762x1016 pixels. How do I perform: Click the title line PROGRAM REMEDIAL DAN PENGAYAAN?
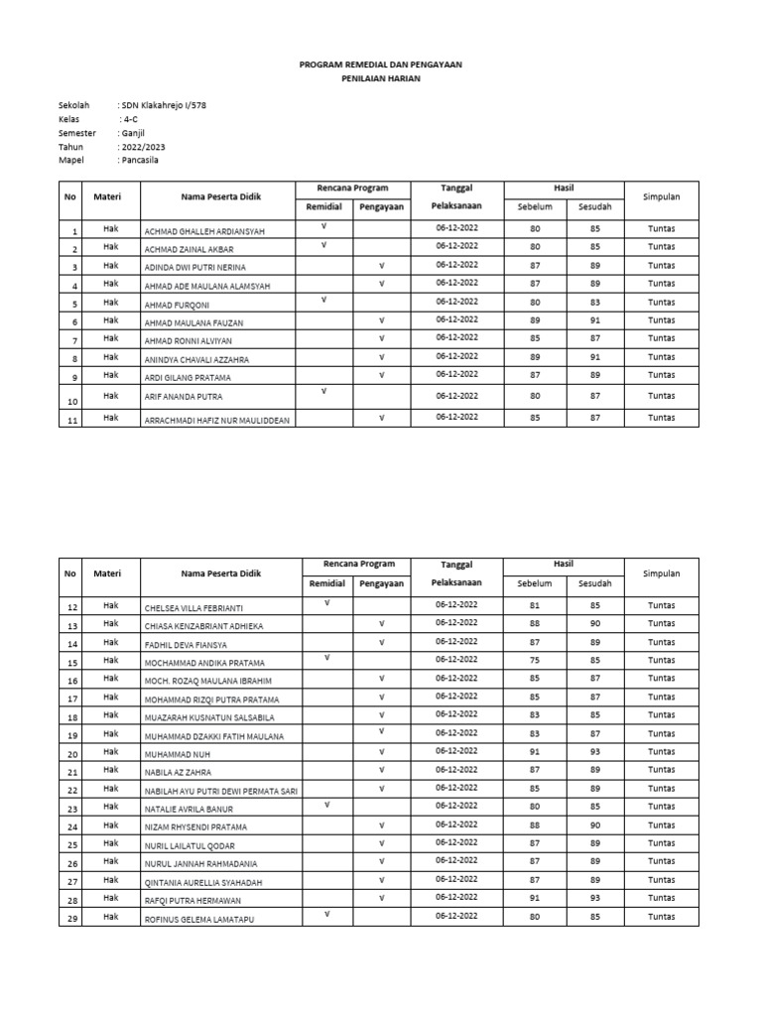(381, 63)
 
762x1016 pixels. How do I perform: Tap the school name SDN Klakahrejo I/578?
(163, 105)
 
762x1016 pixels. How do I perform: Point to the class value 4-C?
(129, 119)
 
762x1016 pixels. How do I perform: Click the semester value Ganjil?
(133, 132)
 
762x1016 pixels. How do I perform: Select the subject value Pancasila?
(139, 160)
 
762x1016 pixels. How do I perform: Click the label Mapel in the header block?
(71, 160)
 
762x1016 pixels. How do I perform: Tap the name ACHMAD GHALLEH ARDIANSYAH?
(205, 231)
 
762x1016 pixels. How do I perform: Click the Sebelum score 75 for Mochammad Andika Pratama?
(535, 660)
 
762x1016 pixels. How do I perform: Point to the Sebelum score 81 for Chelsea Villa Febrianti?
(535, 604)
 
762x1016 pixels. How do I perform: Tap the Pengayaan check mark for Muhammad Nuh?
(381, 750)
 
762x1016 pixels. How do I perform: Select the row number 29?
(70, 918)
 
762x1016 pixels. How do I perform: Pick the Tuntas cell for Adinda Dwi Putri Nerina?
(661, 266)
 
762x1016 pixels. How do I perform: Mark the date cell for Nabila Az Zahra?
(456, 769)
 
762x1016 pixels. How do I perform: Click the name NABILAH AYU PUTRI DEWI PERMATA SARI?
(222, 790)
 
